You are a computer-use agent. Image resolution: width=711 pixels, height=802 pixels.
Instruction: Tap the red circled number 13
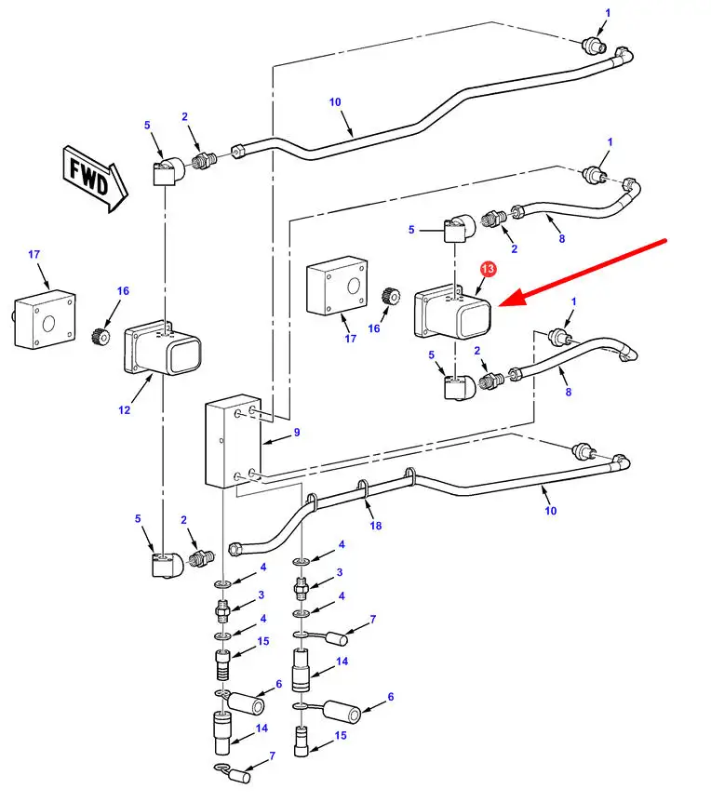[489, 269]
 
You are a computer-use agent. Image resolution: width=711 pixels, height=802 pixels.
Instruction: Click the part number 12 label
[125, 408]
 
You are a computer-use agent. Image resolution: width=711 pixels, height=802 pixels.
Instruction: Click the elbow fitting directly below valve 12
[164, 564]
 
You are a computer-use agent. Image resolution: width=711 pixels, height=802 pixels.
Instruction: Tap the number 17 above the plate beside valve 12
[34, 254]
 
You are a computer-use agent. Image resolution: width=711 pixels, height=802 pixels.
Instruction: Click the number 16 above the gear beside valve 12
[123, 291]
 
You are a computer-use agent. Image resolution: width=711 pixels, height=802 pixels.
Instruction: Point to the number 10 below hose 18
[550, 511]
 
